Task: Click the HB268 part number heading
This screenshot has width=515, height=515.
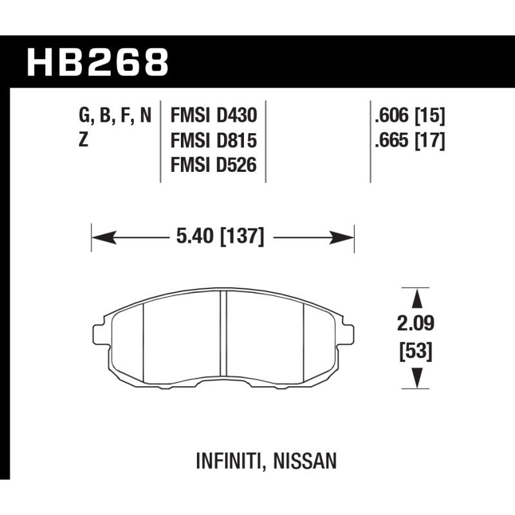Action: pos(98,62)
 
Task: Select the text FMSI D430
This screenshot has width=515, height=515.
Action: pos(214,116)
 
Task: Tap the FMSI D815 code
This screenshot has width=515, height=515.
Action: pos(214,140)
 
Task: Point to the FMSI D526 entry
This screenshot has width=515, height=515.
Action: pos(214,165)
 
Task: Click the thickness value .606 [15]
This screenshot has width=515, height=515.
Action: pos(410,116)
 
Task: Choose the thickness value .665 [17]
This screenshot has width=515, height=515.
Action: pos(410,140)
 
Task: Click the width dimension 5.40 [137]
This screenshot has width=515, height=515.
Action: pos(220,236)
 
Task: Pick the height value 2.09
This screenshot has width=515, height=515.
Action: pos(415,323)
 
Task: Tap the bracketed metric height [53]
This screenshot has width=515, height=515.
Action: pos(415,351)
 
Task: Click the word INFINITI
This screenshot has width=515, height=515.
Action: pos(229,461)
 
